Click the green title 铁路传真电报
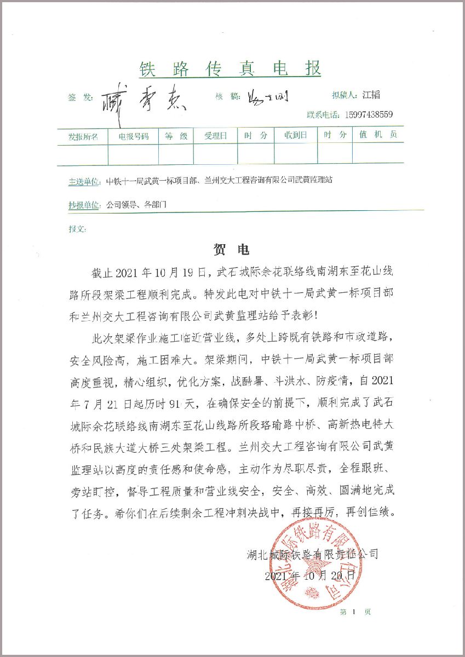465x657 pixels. [x=230, y=69]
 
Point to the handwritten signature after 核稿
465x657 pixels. [x=268, y=97]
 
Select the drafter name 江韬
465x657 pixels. [x=371, y=95]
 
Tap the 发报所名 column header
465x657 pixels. [x=83, y=136]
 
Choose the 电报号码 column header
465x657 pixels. [x=133, y=136]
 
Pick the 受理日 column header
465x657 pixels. [x=215, y=136]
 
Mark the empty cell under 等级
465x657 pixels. [x=176, y=154]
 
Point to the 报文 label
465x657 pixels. [x=77, y=228]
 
